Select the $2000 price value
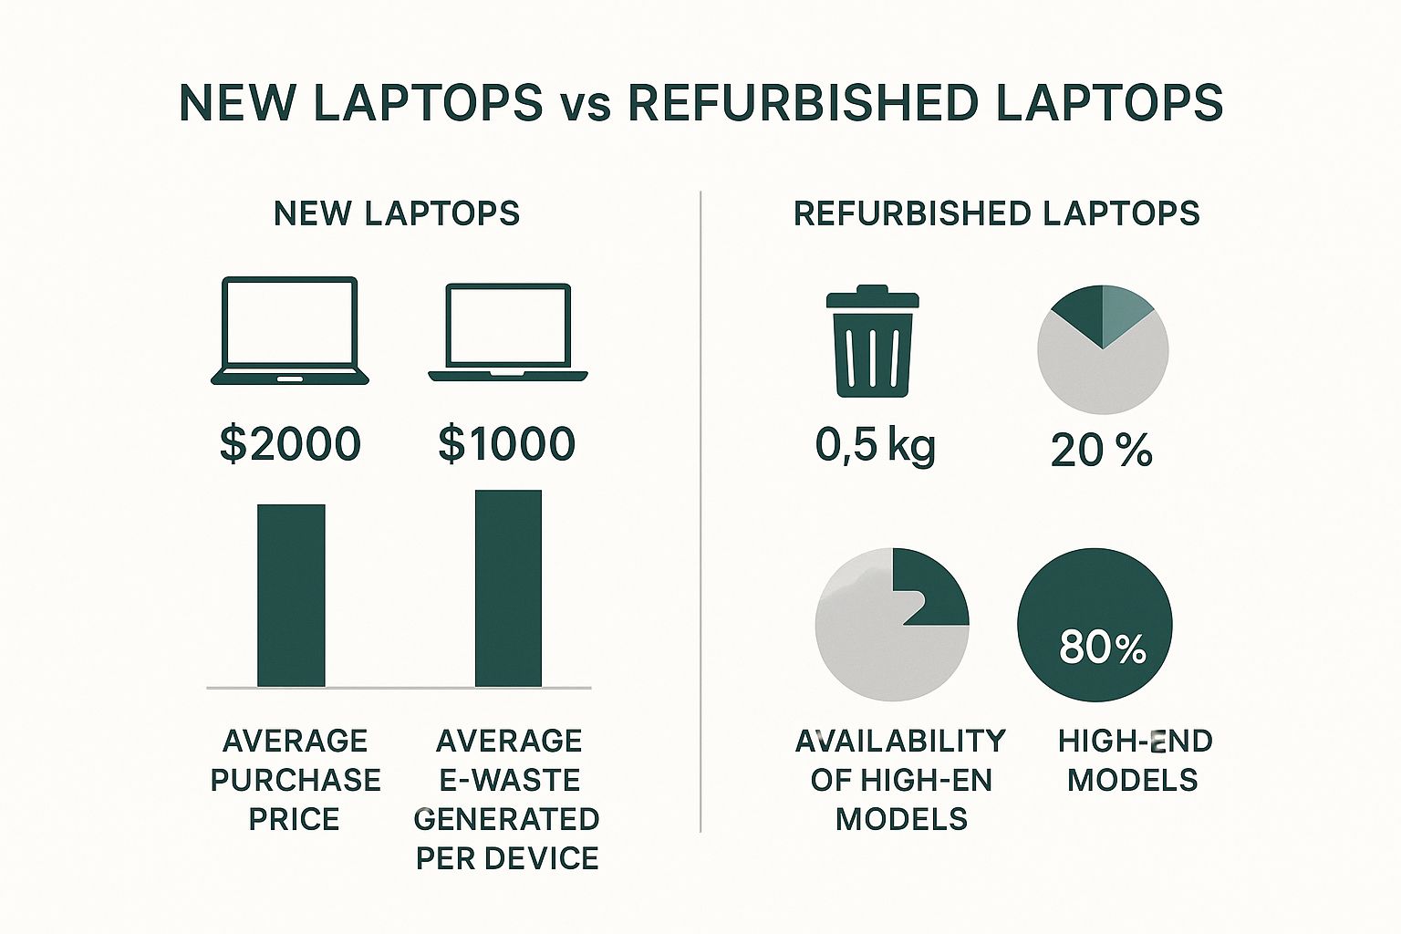(x=291, y=444)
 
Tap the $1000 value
(x=506, y=444)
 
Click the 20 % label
(x=1102, y=451)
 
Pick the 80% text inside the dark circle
(x=1103, y=648)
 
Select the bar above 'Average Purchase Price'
(x=292, y=596)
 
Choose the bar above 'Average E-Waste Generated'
(x=508, y=588)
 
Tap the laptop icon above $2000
(x=290, y=331)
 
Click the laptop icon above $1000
(x=508, y=333)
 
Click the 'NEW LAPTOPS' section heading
(x=397, y=214)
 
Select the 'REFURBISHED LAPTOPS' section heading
(x=997, y=214)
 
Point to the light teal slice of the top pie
(x=1123, y=310)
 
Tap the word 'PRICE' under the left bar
(x=294, y=819)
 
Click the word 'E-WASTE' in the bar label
(x=509, y=780)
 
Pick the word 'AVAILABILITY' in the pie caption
(x=900, y=742)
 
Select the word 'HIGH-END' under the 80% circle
(x=1136, y=742)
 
